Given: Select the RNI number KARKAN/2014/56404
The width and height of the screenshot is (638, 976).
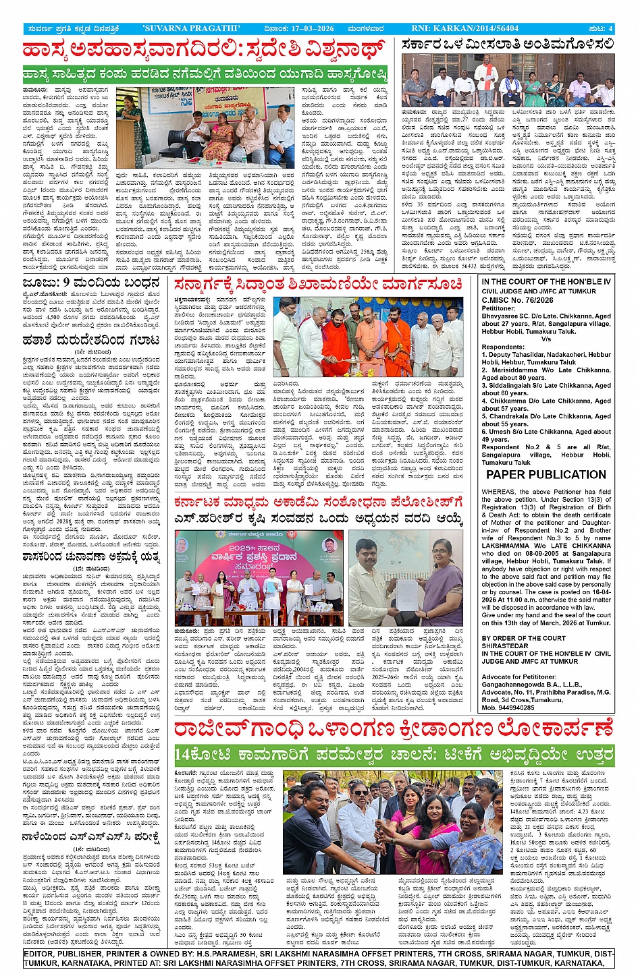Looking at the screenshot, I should [477, 28].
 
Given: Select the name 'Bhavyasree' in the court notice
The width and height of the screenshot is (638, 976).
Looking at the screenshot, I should [500, 316].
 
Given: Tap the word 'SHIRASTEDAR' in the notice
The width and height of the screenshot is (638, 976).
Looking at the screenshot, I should [505, 645].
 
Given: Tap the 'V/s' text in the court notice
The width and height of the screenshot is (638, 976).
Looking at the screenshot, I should [546, 339].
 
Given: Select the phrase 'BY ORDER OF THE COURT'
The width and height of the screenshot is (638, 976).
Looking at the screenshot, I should [524, 638].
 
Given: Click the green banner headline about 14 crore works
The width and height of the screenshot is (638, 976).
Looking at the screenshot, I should [394, 754].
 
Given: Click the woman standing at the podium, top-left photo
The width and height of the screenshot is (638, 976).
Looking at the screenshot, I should [128, 125].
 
